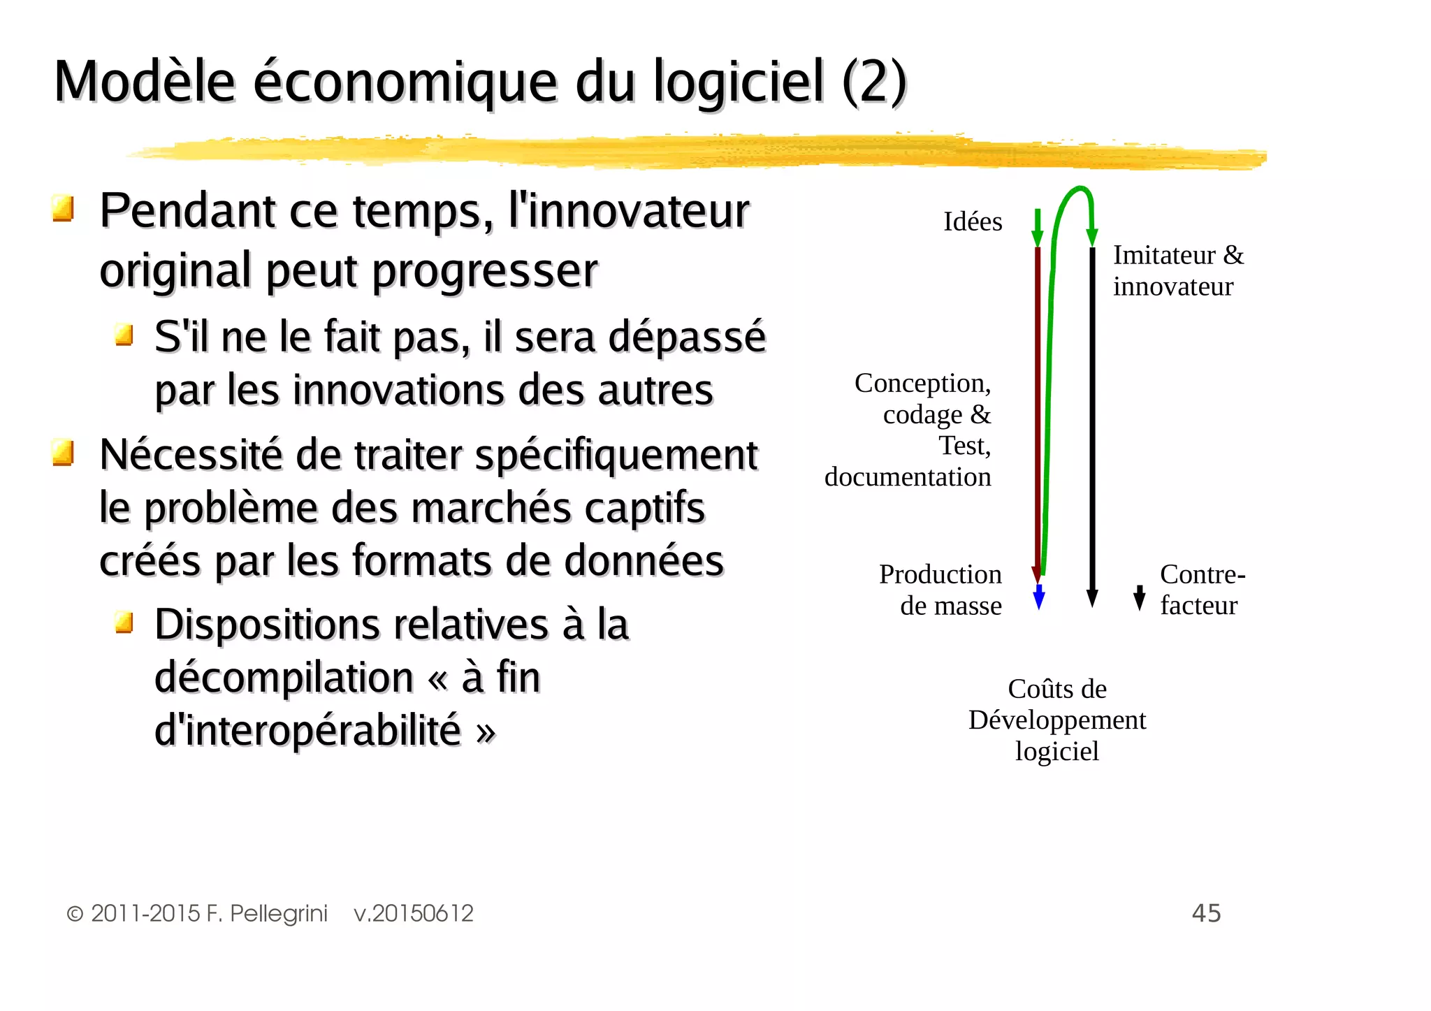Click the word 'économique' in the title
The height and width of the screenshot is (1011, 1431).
405,82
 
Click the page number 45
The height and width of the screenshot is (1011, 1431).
1206,913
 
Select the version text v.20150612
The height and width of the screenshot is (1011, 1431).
414,914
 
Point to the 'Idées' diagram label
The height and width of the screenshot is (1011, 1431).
973,222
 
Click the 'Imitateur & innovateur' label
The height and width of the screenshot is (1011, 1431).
1178,270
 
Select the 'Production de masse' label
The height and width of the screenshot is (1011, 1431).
940,590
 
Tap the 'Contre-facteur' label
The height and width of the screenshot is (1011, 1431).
1202,590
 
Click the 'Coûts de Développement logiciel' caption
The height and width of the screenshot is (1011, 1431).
1057,720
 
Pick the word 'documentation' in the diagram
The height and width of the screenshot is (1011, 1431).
908,477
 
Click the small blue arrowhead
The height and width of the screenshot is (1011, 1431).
1039,598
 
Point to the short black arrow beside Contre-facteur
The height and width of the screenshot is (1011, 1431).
1140,598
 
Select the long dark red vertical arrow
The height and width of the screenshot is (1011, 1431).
1037,412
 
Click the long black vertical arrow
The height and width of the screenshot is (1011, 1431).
1092,419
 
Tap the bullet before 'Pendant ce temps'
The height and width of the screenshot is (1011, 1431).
63,208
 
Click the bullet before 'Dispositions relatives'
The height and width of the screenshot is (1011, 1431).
124,621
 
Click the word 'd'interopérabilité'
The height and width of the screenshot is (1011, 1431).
307,731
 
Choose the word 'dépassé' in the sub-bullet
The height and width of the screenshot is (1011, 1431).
687,337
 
